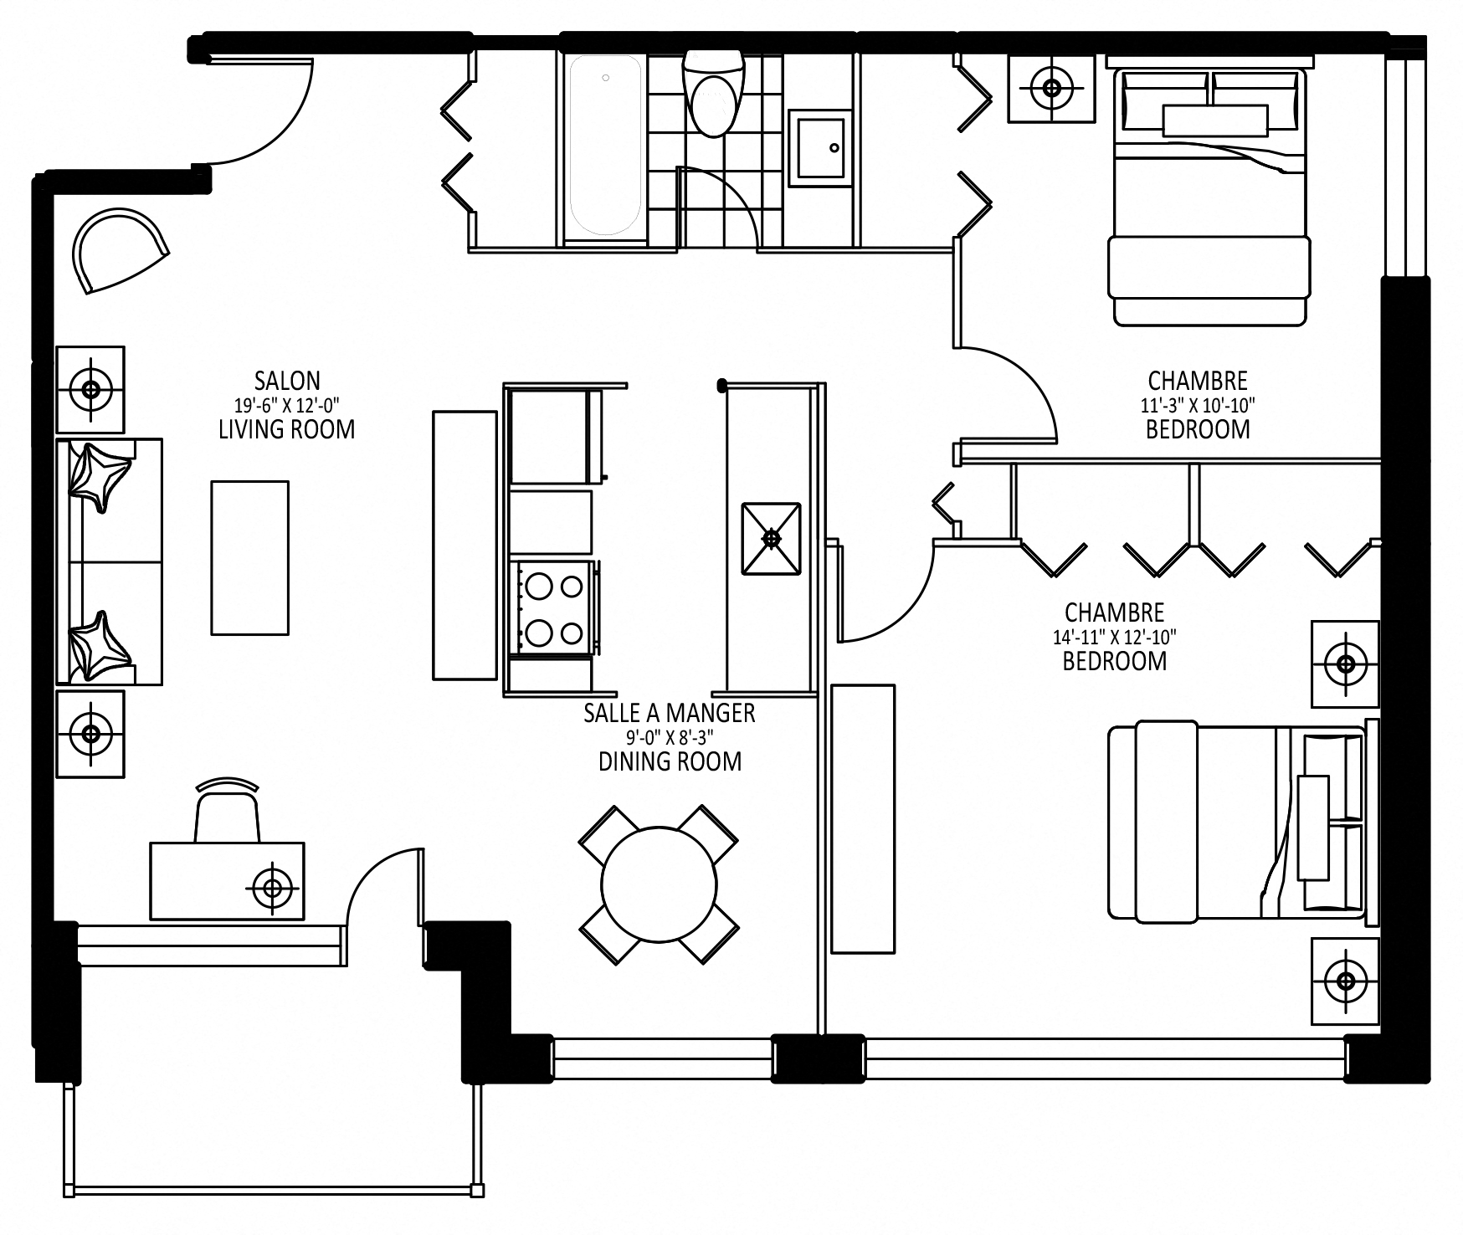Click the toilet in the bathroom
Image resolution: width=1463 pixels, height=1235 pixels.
pyautogui.click(x=714, y=93)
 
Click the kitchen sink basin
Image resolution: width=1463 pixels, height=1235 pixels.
pyautogui.click(x=771, y=539)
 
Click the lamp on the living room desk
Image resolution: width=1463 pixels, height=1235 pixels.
pyautogui.click(x=271, y=886)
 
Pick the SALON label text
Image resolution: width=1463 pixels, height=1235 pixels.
pyautogui.click(x=287, y=381)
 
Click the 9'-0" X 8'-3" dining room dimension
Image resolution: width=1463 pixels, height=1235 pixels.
pyautogui.click(x=670, y=738)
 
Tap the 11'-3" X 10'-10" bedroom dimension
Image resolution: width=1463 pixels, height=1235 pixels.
pyautogui.click(x=1198, y=406)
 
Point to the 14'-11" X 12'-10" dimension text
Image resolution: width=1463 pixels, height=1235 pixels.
pyautogui.click(x=1114, y=637)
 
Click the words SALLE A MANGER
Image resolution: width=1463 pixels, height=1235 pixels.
pyautogui.click(x=670, y=713)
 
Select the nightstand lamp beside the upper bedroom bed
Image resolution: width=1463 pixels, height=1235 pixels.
pyautogui.click(x=1051, y=88)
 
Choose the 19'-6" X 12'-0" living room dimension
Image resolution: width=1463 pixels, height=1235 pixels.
pyautogui.click(x=287, y=405)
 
